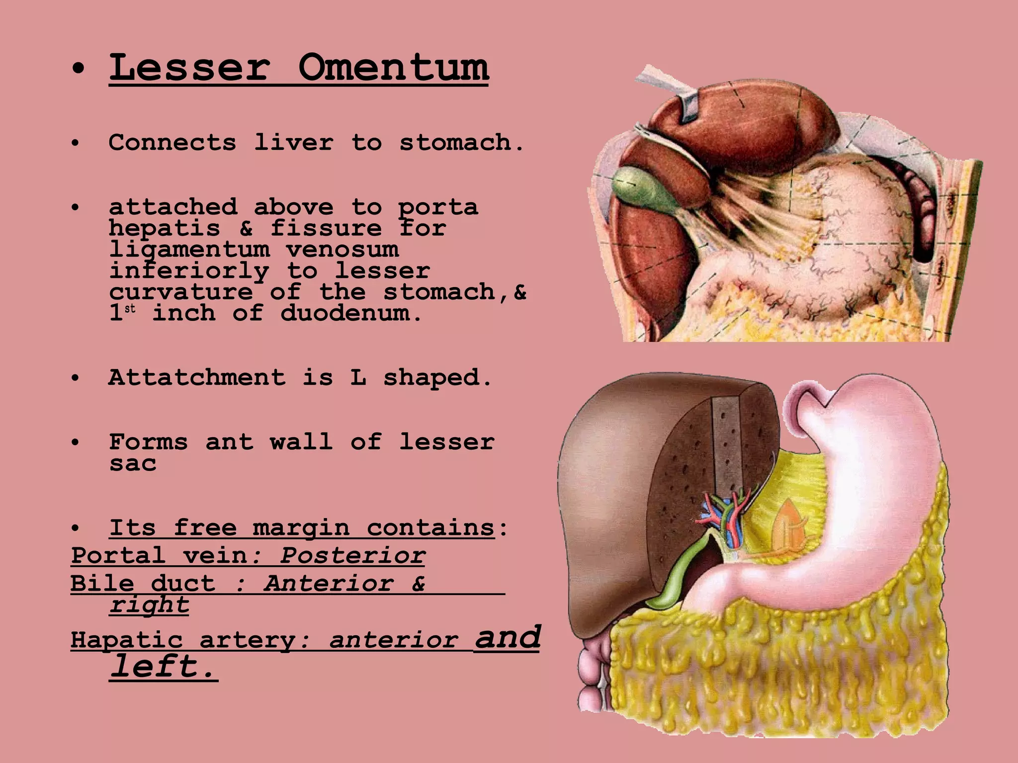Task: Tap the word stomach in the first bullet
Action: [x=461, y=143]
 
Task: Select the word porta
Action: [x=438, y=207]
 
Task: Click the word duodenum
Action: [x=351, y=313]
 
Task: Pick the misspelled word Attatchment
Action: [x=197, y=378]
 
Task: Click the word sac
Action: [x=133, y=464]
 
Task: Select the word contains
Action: [x=430, y=528]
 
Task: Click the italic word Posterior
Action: [x=352, y=555]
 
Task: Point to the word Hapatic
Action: [x=126, y=640]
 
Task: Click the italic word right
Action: [x=149, y=605]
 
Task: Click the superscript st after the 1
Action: [x=130, y=308]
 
